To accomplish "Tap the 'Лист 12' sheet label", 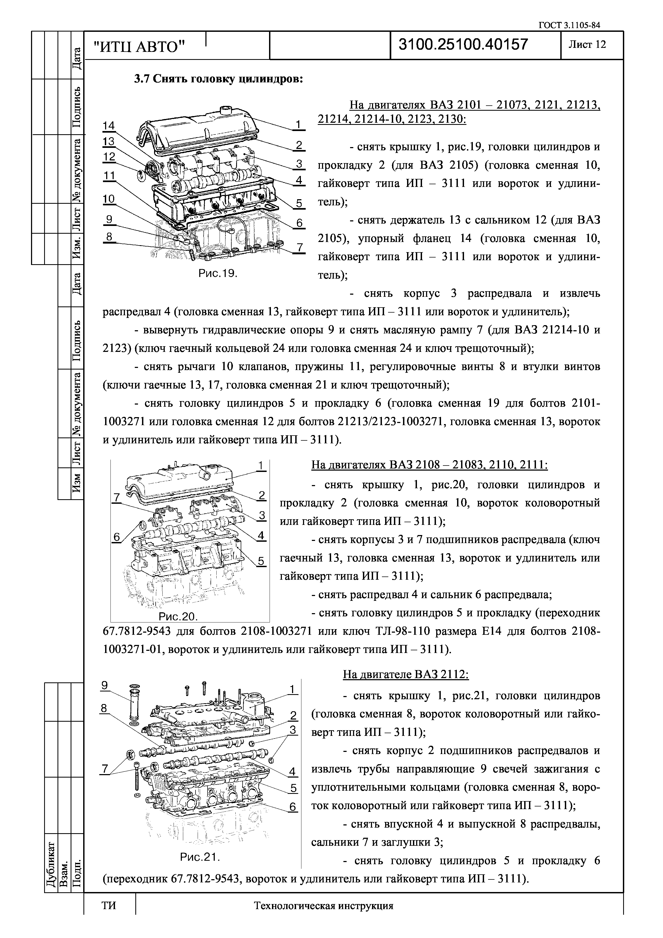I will click(x=587, y=45).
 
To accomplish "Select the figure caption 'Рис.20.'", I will click(x=178, y=616).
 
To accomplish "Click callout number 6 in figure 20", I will click(x=117, y=537).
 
